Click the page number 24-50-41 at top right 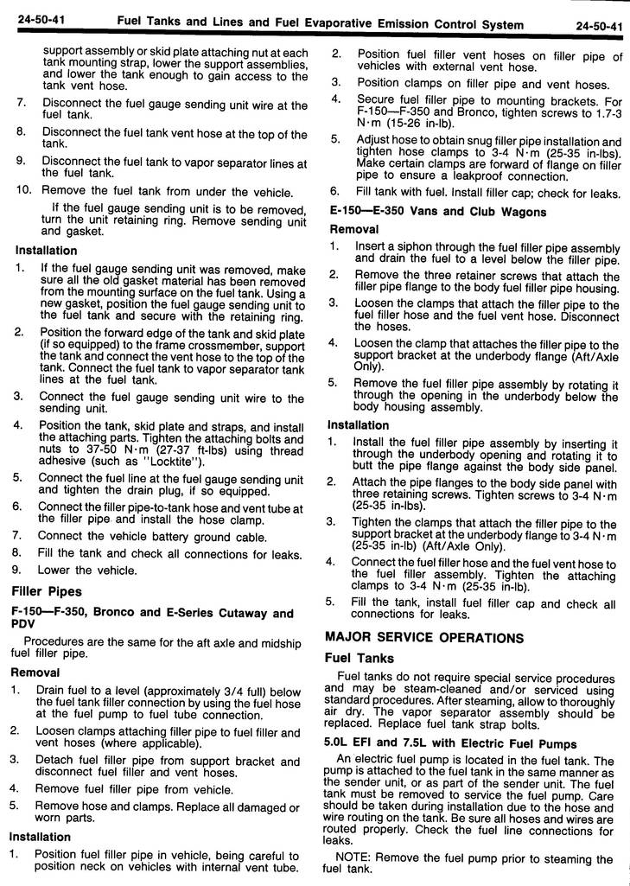pyautogui.click(x=599, y=27)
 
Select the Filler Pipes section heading pyautogui.click(x=47, y=591)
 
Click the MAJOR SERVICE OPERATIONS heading pyautogui.click(x=423, y=638)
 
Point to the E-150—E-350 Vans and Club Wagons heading pyautogui.click(x=438, y=212)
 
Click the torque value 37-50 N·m pyautogui.click(x=97, y=449)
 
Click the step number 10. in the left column pyautogui.click(x=24, y=191)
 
